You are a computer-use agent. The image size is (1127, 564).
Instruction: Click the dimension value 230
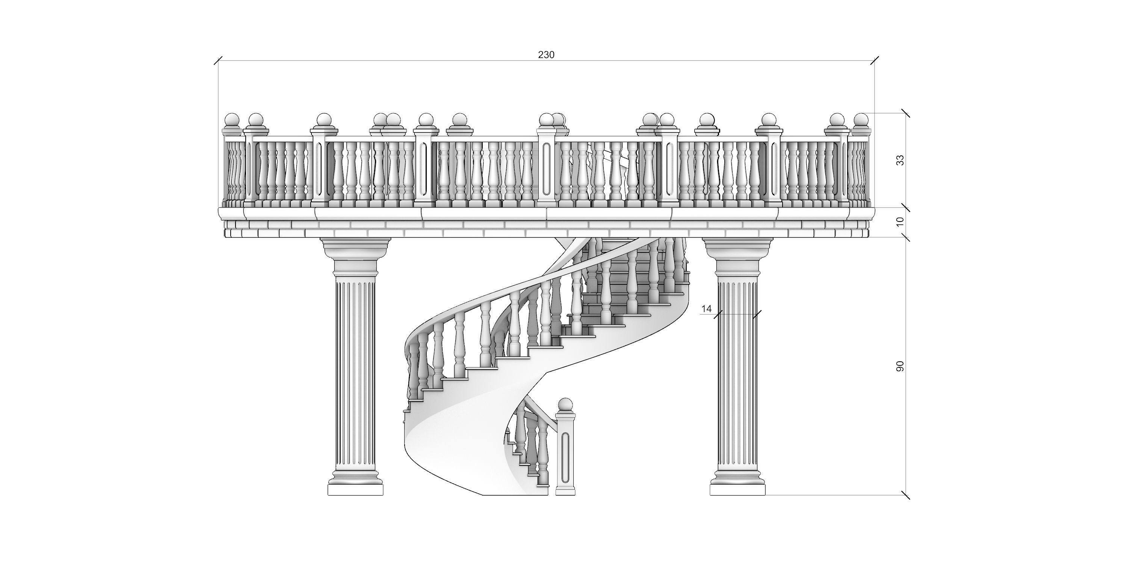coord(545,55)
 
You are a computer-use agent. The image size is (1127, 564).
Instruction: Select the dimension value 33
coord(900,160)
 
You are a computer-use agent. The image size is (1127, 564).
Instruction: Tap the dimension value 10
coord(900,222)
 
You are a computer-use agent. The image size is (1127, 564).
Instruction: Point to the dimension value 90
coord(900,367)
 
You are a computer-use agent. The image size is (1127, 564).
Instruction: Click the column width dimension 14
coord(706,309)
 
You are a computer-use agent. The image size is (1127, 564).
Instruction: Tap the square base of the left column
coord(355,489)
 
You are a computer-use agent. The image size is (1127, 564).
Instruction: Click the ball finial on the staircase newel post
coord(565,405)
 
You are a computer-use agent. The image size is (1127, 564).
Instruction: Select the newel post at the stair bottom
coord(565,455)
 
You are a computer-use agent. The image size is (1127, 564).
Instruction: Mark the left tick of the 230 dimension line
coord(218,61)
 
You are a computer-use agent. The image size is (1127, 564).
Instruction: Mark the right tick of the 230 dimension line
coord(875,61)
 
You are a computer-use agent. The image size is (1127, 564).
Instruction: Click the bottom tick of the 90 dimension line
coord(906,495)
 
